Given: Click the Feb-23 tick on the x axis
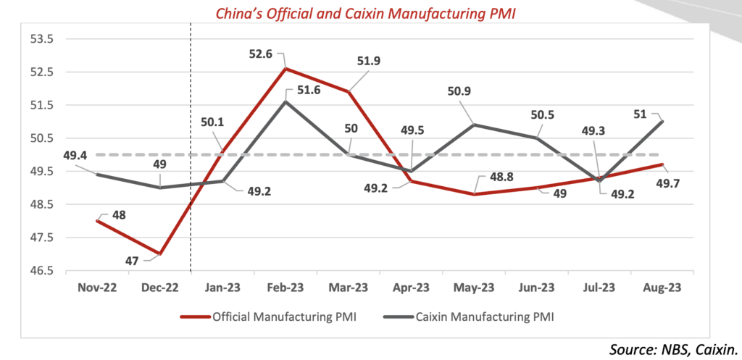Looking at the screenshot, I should (x=285, y=288).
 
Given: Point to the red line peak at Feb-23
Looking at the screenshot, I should (x=285, y=69).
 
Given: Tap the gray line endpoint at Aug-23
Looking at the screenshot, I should (x=662, y=122).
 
